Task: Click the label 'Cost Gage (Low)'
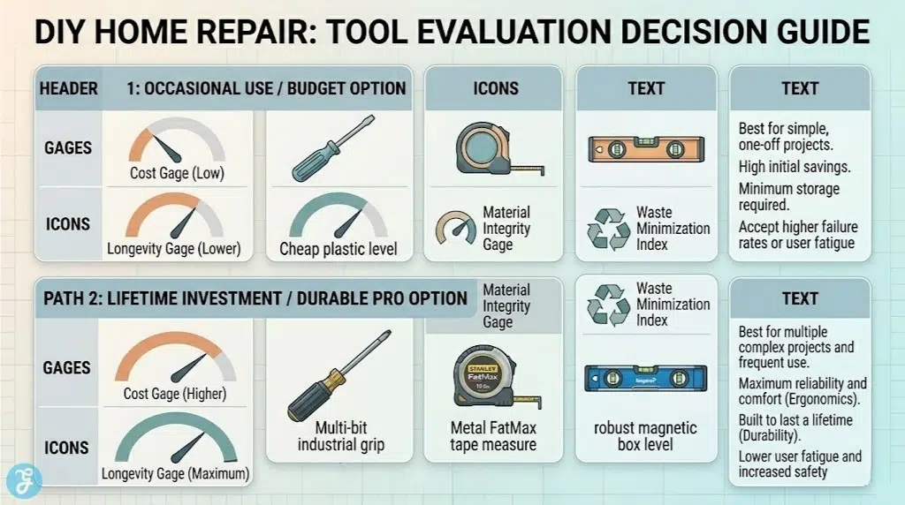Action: click(x=177, y=173)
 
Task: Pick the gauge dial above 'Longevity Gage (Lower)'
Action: click(x=177, y=218)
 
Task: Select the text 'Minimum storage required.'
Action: click(x=788, y=197)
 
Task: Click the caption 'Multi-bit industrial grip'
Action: click(x=340, y=436)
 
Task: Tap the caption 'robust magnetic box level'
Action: click(x=643, y=436)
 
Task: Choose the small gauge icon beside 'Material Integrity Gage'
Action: click(x=454, y=228)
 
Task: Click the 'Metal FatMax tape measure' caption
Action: click(x=492, y=436)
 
